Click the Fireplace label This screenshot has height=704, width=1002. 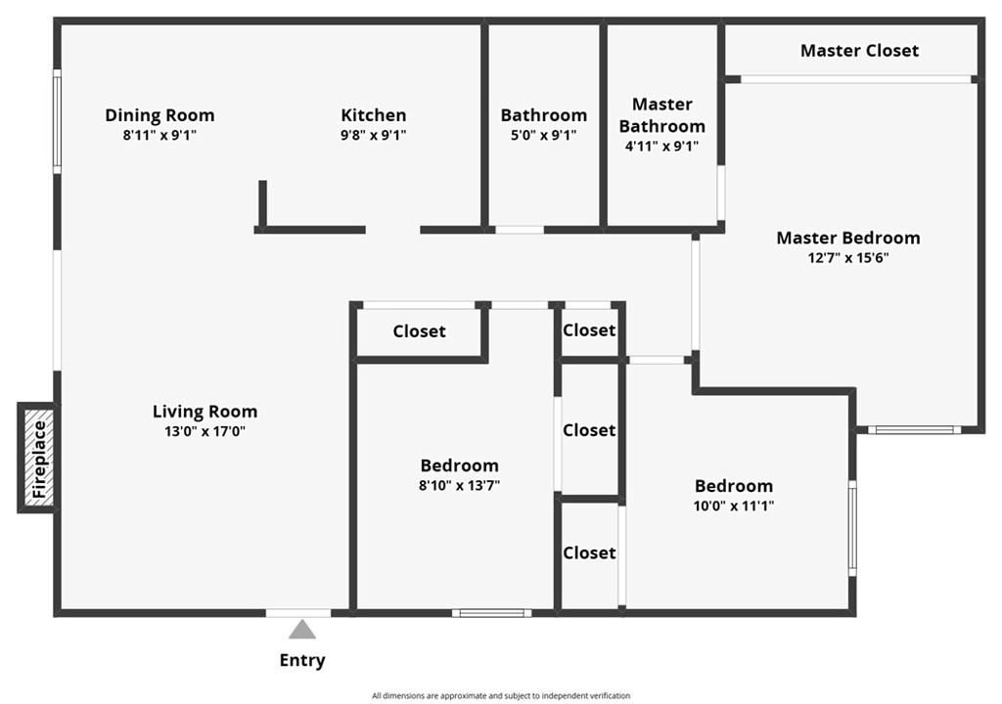[x=38, y=459]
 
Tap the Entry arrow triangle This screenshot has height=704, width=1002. [x=302, y=630]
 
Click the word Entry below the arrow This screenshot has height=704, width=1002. [x=302, y=660]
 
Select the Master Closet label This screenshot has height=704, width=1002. [x=859, y=50]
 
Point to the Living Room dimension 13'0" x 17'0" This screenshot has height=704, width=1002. [x=205, y=431]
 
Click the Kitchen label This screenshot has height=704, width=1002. [x=373, y=115]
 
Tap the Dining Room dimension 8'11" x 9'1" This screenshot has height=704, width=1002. [x=159, y=136]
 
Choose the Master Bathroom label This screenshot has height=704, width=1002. [x=662, y=114]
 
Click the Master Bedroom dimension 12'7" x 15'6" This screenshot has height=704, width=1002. [x=847, y=258]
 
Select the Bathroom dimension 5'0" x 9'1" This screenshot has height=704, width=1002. [x=543, y=136]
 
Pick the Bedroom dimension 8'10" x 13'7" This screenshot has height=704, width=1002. [x=459, y=485]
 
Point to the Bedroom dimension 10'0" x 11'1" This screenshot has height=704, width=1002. [x=734, y=506]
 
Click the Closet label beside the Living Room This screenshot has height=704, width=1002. [x=419, y=331]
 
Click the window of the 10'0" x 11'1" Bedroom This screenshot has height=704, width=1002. [x=852, y=528]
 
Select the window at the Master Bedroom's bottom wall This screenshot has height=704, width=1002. [x=914, y=429]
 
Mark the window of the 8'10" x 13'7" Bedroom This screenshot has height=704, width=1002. [x=491, y=613]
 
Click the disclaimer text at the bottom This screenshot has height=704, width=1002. [x=500, y=695]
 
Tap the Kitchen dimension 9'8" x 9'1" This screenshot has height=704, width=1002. [x=373, y=136]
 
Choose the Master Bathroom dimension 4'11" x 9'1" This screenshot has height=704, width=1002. [x=662, y=147]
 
